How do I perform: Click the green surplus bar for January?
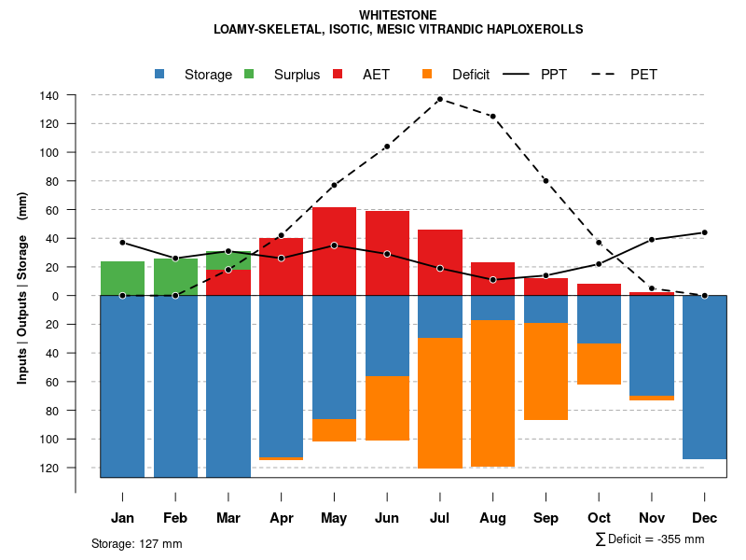coord(122,278)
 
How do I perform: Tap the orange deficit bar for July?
coord(440,402)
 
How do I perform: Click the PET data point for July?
coord(439,99)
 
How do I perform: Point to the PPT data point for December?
coord(705,232)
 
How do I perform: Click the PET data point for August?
coord(492,117)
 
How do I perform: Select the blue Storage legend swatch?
coord(161,75)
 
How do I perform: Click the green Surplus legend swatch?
coord(249,75)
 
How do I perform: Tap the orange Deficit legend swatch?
coord(428,75)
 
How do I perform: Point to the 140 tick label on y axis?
coord(49,95)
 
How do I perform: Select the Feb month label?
coord(175,518)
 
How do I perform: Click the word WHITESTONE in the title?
coord(397,15)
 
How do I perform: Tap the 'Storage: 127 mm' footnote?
coord(137,543)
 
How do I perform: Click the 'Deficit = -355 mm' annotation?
coord(650,539)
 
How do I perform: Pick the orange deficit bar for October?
coord(599,364)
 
